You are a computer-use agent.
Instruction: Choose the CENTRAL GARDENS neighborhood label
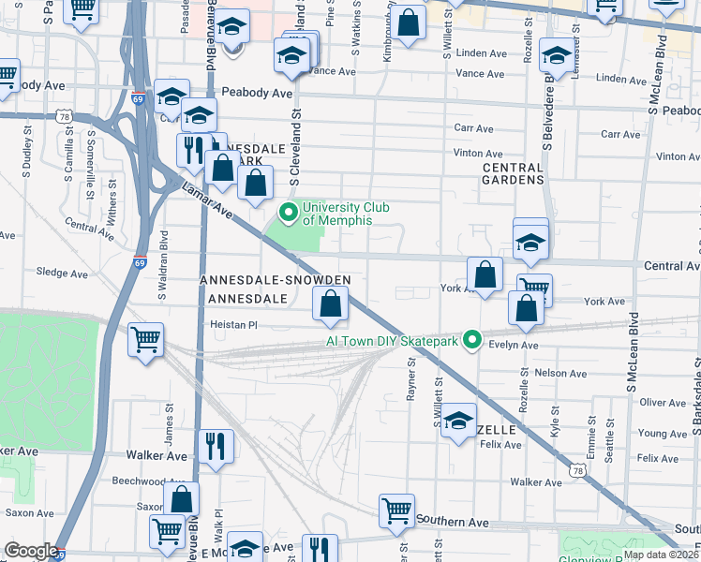[x=513, y=172]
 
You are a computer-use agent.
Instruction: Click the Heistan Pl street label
[x=233, y=325]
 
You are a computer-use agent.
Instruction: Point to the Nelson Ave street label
[x=560, y=374]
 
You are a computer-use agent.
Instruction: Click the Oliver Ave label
[x=663, y=403]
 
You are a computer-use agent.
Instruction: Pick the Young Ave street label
[x=662, y=434]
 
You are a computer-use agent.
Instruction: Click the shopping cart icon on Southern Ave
[x=396, y=510]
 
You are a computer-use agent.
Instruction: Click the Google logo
[x=31, y=552]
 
